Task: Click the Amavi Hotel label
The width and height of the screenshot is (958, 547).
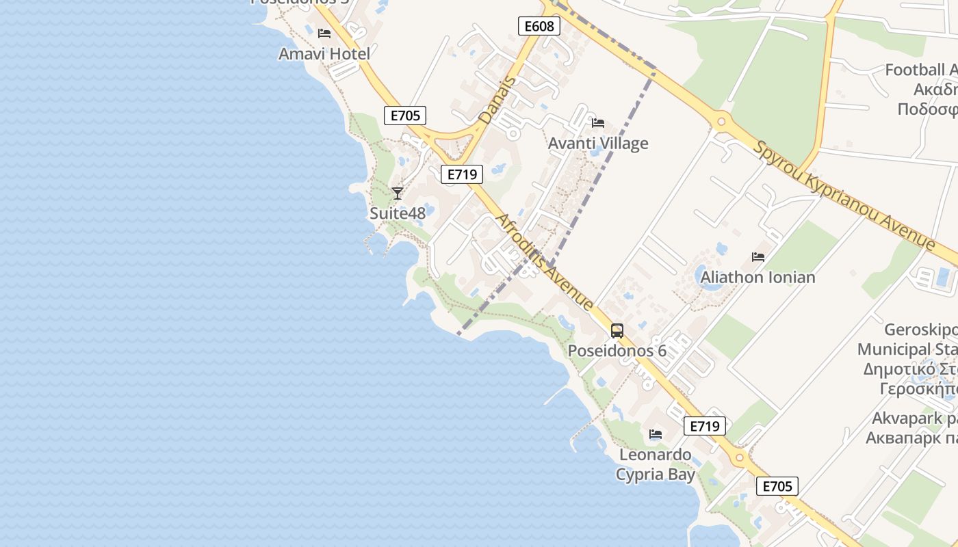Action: pyautogui.click(x=324, y=53)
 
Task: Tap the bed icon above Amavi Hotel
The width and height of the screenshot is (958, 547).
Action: pyautogui.click(x=324, y=33)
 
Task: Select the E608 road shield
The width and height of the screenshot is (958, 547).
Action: pyautogui.click(x=539, y=27)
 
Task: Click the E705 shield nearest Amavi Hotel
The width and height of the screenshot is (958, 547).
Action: pyautogui.click(x=404, y=116)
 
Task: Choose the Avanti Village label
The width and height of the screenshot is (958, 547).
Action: pyautogui.click(x=598, y=144)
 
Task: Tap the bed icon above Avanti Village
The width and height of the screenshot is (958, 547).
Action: pyautogui.click(x=598, y=123)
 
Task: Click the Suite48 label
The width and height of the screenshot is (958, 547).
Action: pyautogui.click(x=398, y=213)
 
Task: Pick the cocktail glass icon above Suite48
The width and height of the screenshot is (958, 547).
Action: pyautogui.click(x=398, y=193)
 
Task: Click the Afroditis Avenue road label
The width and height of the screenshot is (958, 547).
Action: pyautogui.click(x=544, y=262)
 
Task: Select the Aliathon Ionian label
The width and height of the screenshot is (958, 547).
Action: pyautogui.click(x=758, y=277)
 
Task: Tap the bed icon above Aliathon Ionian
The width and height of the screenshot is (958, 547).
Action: pyautogui.click(x=758, y=257)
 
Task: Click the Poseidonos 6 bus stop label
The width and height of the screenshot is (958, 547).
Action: pyautogui.click(x=617, y=351)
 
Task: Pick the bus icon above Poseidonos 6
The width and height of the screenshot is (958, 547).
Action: pyautogui.click(x=617, y=331)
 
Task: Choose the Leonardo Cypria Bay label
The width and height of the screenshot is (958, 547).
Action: pyautogui.click(x=656, y=464)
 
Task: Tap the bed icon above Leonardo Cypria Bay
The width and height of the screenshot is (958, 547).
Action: pyautogui.click(x=656, y=434)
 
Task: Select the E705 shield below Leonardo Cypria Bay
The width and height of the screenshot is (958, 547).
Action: pyautogui.click(x=777, y=486)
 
